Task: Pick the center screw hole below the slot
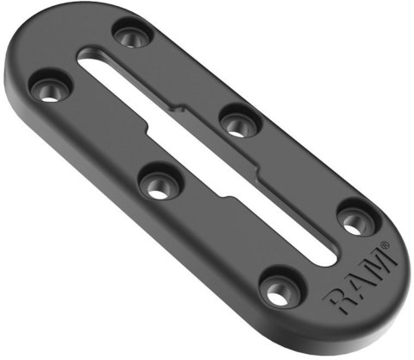(x=158, y=183)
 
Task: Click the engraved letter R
(x=337, y=302)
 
